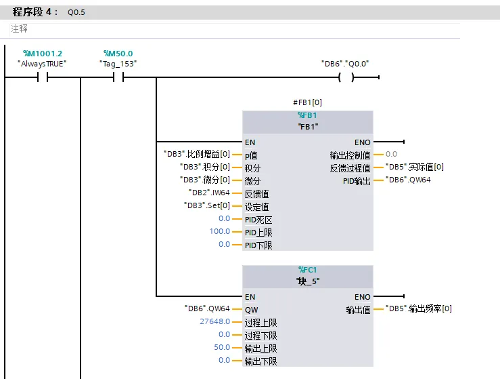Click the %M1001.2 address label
tap(43, 54)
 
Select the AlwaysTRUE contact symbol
tap(43, 77)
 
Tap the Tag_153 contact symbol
tap(118, 77)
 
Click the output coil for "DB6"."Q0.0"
tap(346, 77)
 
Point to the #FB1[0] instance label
tap(307, 102)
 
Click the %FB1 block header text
tap(307, 115)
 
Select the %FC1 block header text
tap(307, 270)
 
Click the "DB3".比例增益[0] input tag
tap(197, 154)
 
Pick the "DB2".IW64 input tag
tap(209, 193)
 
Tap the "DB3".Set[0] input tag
tap(207, 205)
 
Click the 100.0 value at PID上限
tap(220, 231)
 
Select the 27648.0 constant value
tap(215, 321)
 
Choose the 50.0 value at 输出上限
tap(222, 347)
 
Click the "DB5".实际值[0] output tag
tap(415, 167)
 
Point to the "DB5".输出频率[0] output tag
tap(418, 308)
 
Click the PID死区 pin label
tap(258, 220)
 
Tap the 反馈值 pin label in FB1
tap(256, 194)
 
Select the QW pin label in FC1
tap(251, 310)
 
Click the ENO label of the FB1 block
tap(363, 142)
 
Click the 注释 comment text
tap(19, 28)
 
